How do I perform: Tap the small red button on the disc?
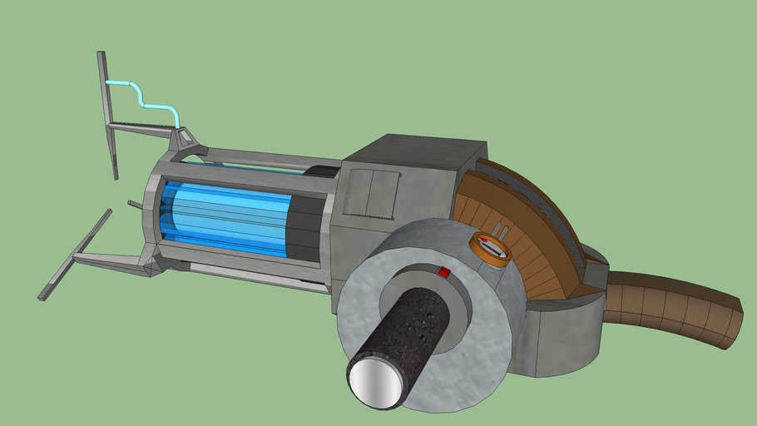pyautogui.click(x=444, y=272)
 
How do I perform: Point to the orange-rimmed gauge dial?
pyautogui.click(x=490, y=247)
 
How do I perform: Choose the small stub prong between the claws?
pyautogui.click(x=135, y=204)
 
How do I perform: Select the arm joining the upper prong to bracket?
pyautogui.click(x=141, y=128)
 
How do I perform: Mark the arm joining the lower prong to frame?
pyautogui.click(x=116, y=260)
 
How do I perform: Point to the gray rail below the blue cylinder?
pyautogui.click(x=250, y=275)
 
